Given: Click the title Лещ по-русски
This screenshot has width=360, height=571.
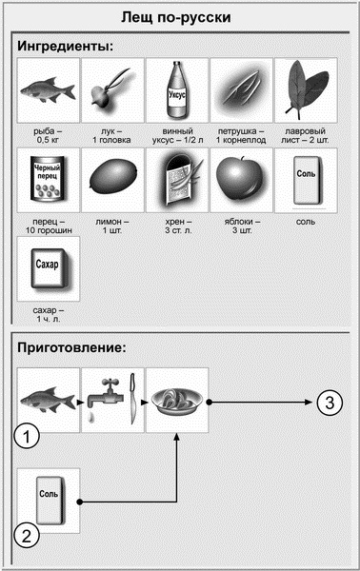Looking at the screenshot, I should coord(180,18).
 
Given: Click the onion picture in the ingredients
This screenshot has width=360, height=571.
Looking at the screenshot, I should coord(112,90).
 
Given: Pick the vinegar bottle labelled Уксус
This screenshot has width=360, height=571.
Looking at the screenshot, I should coord(177,90).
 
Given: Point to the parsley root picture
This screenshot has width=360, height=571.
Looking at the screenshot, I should coord(241,90).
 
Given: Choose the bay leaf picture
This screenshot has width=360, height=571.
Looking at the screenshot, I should coord(306,90).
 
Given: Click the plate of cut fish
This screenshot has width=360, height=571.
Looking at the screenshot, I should coord(178,401).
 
